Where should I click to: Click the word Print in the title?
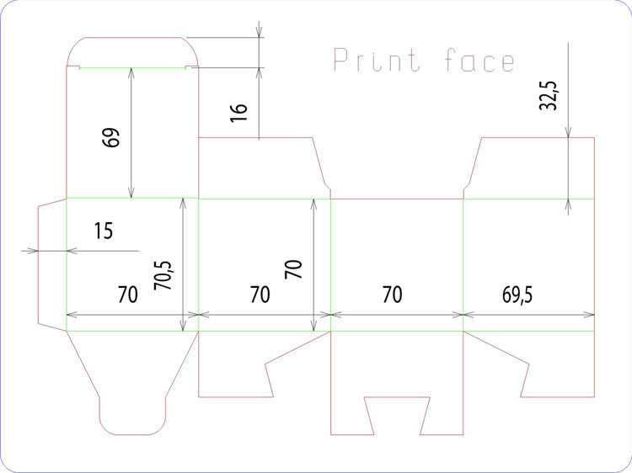(377, 60)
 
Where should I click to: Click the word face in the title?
(479, 60)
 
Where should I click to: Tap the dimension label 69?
(111, 137)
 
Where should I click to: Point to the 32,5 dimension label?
(549, 95)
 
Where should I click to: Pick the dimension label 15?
(104, 231)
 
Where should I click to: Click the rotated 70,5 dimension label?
(163, 275)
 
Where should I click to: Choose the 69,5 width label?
(517, 295)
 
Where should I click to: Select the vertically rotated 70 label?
(293, 269)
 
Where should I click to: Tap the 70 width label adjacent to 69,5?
(392, 295)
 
